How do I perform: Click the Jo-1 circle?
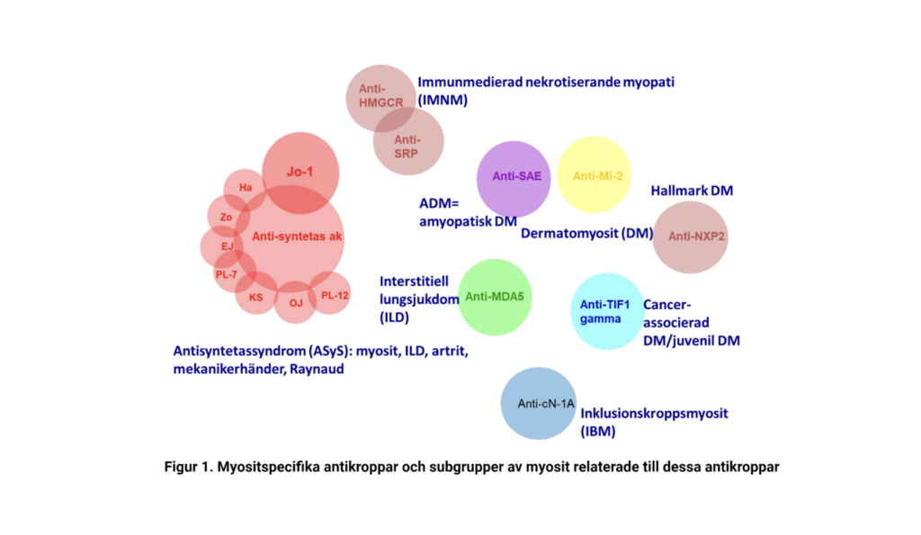[x=300, y=171]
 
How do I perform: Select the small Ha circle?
[x=245, y=187]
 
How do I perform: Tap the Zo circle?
[x=226, y=217]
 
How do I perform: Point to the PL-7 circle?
[x=227, y=274]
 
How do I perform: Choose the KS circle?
[x=256, y=297]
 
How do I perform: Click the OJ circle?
[x=296, y=303]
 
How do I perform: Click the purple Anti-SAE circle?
[x=513, y=177]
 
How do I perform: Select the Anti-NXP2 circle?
[x=690, y=236]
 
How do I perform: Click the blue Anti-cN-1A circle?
[x=538, y=404]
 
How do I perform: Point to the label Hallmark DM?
[x=692, y=191]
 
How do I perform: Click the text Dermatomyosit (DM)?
[x=586, y=234]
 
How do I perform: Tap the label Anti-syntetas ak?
[x=298, y=236]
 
